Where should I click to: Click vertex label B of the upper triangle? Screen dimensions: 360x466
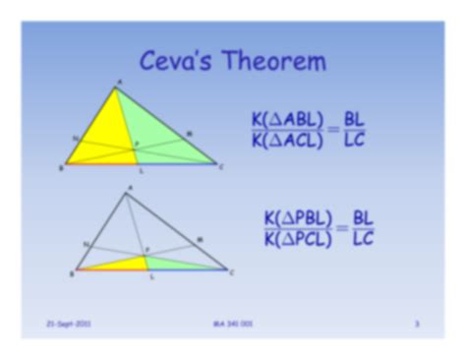click(x=61, y=168)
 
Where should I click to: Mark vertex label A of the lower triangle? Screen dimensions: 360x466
click(x=130, y=187)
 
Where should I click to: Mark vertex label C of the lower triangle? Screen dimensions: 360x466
click(x=232, y=273)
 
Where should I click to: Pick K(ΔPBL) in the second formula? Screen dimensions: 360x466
click(x=298, y=216)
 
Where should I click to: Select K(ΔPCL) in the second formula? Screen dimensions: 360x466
click(x=298, y=241)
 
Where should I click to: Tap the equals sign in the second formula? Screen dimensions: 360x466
click(x=343, y=228)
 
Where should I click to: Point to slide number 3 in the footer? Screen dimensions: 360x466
click(x=417, y=322)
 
